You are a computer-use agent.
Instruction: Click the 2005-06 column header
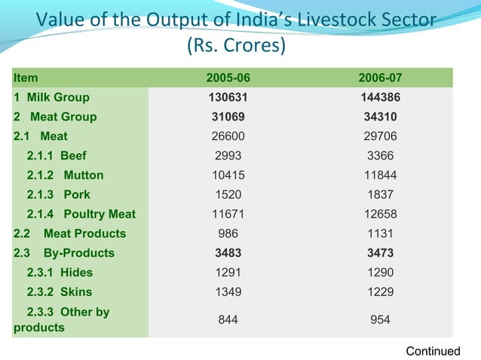click(x=228, y=78)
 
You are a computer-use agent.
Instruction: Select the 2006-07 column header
click(x=380, y=78)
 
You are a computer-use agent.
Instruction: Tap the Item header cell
click(x=26, y=78)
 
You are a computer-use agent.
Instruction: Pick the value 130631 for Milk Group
click(x=228, y=97)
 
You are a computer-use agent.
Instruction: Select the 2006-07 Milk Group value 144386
click(x=380, y=97)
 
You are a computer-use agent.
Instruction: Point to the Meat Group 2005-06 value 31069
click(x=228, y=117)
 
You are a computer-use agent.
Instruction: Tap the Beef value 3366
click(x=380, y=156)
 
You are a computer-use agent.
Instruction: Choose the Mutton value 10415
click(x=228, y=175)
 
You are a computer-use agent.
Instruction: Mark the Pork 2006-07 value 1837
click(x=380, y=194)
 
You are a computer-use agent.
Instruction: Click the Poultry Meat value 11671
click(x=228, y=214)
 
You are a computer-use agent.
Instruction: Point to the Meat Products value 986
click(x=228, y=233)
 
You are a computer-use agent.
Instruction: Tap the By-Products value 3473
click(x=380, y=253)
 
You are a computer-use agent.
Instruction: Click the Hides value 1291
click(x=228, y=273)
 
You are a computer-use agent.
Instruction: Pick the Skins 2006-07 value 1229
click(x=380, y=292)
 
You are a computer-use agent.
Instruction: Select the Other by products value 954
click(x=380, y=320)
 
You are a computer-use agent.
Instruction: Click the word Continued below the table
click(x=433, y=351)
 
